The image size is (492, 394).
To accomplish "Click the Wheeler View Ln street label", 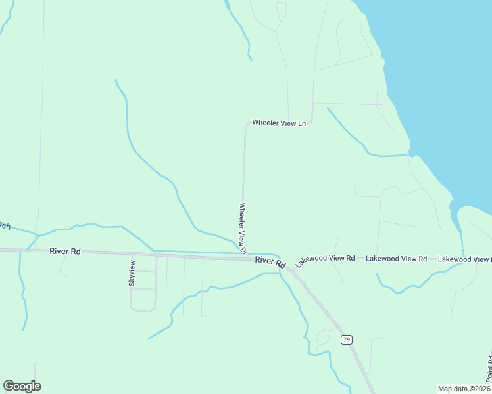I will pyautogui.click(x=279, y=123).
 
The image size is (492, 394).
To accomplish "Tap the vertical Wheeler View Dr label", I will pyautogui.click(x=242, y=228).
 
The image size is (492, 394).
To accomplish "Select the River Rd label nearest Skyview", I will pyautogui.click(x=64, y=251).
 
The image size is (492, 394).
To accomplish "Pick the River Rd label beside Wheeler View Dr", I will pyautogui.click(x=270, y=261).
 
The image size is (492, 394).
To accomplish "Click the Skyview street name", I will pyautogui.click(x=132, y=273).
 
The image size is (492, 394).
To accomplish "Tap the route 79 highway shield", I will pyautogui.click(x=347, y=339).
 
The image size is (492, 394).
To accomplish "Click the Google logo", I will pyautogui.click(x=22, y=386).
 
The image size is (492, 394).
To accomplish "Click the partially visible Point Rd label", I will pyautogui.click(x=489, y=369).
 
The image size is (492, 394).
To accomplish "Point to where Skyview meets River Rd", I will pyautogui.click(x=132, y=254).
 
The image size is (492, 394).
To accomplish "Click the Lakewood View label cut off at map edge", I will pyautogui.click(x=464, y=259).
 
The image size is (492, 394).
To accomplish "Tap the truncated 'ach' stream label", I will pyautogui.click(x=5, y=225).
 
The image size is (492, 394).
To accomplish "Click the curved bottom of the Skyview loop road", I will pyautogui.click(x=143, y=310).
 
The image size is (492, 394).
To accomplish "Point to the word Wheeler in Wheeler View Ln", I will pyautogui.click(x=266, y=123).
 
